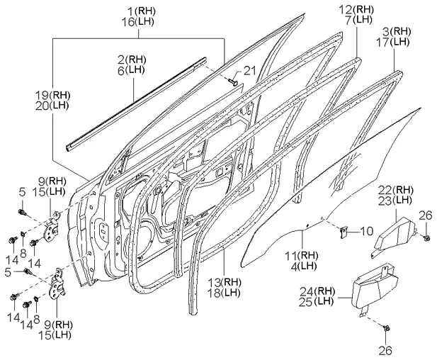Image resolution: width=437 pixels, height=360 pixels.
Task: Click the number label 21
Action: [x=247, y=69]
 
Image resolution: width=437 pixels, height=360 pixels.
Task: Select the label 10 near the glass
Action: [x=365, y=231]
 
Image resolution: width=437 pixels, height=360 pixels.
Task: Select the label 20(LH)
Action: [x=52, y=104]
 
